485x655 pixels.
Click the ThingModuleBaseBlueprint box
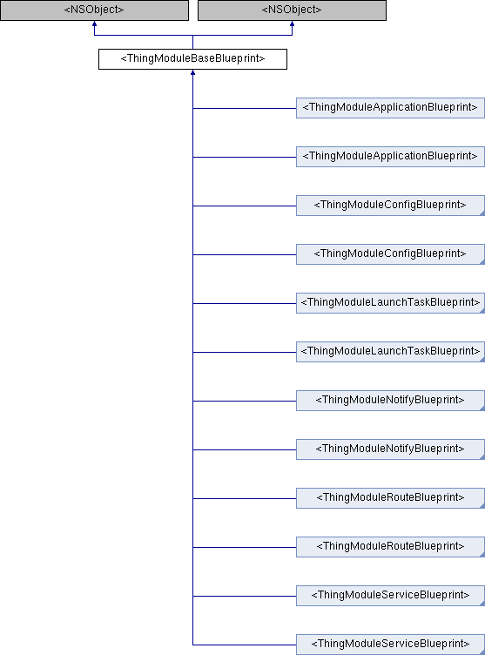click(x=192, y=59)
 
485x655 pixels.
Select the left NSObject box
click(x=94, y=10)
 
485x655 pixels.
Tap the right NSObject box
click(x=292, y=10)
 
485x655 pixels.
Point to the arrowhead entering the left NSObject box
click(x=94, y=24)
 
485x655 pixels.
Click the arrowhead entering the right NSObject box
click(x=292, y=24)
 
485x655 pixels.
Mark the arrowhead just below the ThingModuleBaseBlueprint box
click(x=192, y=72)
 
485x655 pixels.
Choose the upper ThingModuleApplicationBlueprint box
click(x=391, y=108)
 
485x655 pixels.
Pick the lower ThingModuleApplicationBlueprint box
click(x=391, y=157)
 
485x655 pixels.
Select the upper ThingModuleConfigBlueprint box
click(x=391, y=206)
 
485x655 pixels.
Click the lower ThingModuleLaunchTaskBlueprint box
click(x=391, y=352)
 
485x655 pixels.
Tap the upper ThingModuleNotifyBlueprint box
click(x=391, y=401)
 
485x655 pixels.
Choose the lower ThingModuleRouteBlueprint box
click(x=391, y=547)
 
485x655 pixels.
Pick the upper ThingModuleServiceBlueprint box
click(x=391, y=596)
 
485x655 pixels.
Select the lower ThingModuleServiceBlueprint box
click(x=391, y=645)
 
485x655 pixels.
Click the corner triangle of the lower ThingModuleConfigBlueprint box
click(x=482, y=262)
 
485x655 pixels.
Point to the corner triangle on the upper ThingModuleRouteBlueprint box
click(x=482, y=506)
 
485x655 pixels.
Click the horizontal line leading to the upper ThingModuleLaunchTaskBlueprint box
click(x=245, y=303)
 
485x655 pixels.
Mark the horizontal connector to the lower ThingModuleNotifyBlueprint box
click(x=245, y=449)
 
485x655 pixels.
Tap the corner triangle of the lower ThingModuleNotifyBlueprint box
click(x=482, y=457)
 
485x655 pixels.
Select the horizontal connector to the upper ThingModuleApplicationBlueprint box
click(x=245, y=108)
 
